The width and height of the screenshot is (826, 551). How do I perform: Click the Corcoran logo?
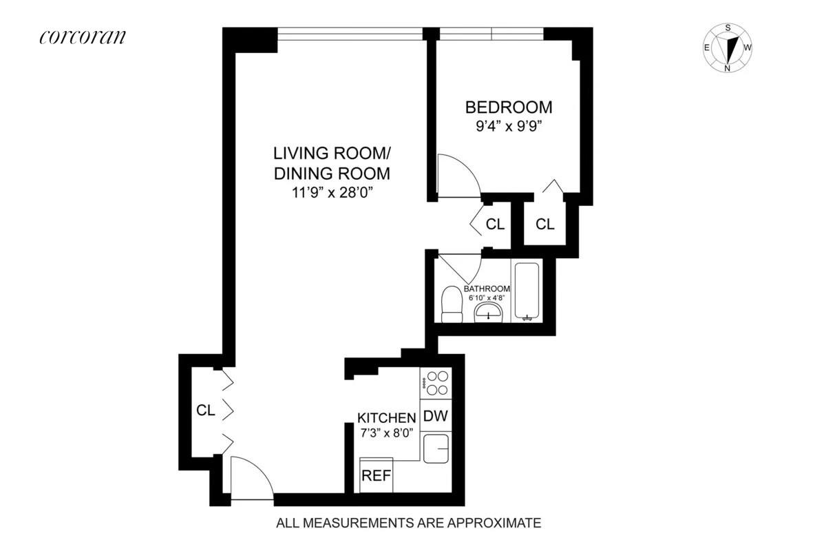pyautogui.click(x=83, y=37)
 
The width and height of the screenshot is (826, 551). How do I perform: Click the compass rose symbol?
pyautogui.click(x=728, y=48)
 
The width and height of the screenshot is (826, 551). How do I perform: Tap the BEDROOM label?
pyautogui.click(x=509, y=107)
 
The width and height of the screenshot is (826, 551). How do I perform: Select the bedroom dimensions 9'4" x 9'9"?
pyautogui.click(x=509, y=127)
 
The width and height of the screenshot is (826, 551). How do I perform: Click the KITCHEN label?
pyautogui.click(x=386, y=417)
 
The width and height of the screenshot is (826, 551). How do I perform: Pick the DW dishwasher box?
pyautogui.click(x=435, y=416)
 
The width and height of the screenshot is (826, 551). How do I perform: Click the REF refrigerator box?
pyautogui.click(x=376, y=475)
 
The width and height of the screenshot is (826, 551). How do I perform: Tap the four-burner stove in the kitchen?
pyautogui.click(x=435, y=383)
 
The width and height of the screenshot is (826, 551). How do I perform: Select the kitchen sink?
pyautogui.click(x=436, y=448)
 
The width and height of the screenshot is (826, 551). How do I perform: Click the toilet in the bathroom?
pyautogui.click(x=452, y=304)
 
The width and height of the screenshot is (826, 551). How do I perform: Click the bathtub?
pyautogui.click(x=527, y=291)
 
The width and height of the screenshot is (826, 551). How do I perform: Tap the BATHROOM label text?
pyautogui.click(x=487, y=289)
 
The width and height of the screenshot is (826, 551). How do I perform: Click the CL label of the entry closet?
pyautogui.click(x=206, y=411)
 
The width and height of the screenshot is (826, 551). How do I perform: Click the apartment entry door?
pyautogui.click(x=252, y=479)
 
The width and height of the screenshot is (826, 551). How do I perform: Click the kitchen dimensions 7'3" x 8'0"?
pyautogui.click(x=386, y=434)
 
